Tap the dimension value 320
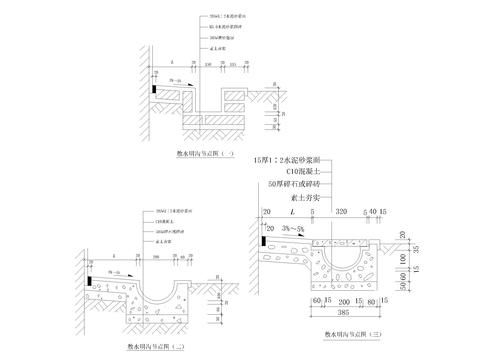[x=340, y=213]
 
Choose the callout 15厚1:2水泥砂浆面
[x=295, y=158]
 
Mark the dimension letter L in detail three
[x=290, y=213]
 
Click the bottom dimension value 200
[x=345, y=298]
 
